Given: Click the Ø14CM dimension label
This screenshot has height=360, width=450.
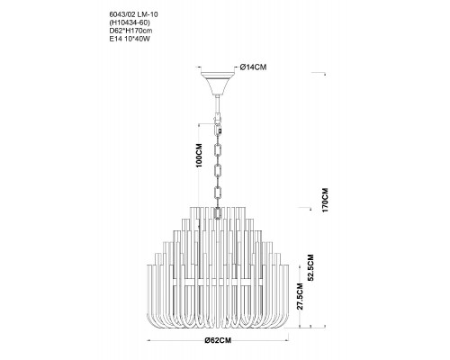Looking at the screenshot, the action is point(253,67).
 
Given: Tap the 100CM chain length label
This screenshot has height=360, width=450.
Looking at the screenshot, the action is point(198,155).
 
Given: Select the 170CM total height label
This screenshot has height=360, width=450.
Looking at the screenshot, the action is point(325,200).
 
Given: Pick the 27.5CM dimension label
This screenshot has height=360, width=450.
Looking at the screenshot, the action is point(301,296).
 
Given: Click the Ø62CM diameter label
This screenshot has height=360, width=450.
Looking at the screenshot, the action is point(218,340).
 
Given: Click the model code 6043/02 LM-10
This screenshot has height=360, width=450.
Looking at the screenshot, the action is point(133,14).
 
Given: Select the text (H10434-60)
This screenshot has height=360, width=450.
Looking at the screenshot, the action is point(130,22).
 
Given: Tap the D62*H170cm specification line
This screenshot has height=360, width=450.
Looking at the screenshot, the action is point(130,31).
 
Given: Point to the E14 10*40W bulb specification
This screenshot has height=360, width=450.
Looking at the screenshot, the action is point(130,39).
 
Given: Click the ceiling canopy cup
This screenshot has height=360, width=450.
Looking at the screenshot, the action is point(218,83).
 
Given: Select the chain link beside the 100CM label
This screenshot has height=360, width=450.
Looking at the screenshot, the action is point(218,150).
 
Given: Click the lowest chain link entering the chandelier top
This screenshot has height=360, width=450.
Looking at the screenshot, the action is point(218,213).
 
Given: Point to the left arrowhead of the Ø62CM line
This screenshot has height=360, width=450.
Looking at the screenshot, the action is point(148,340).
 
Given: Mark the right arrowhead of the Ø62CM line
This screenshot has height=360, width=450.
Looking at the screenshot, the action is point(286,340).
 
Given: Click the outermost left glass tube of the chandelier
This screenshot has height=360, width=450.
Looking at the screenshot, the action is point(148,294).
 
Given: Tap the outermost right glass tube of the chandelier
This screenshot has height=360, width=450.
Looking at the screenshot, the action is point(286,294).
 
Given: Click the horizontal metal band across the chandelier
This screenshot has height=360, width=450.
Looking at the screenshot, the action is point(218,283).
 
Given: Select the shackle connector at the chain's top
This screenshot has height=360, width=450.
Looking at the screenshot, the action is point(218,118).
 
